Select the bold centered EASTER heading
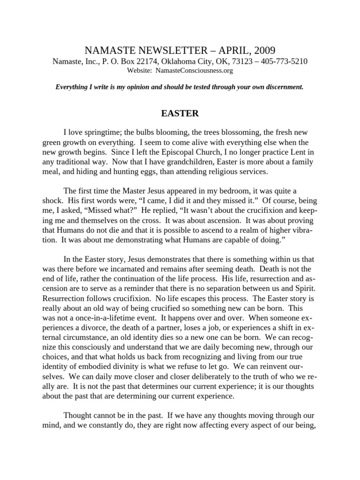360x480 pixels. click(x=180, y=113)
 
